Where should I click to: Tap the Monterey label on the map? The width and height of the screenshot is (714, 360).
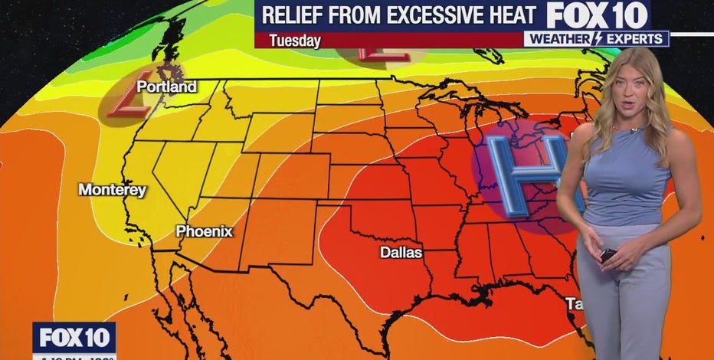[112, 189]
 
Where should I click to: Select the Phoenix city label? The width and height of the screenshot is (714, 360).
[204, 231]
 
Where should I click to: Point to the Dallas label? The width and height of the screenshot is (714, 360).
[401, 253]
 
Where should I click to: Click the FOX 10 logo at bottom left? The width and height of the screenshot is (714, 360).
[74, 338]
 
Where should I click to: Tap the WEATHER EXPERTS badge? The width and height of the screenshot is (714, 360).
[596, 38]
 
